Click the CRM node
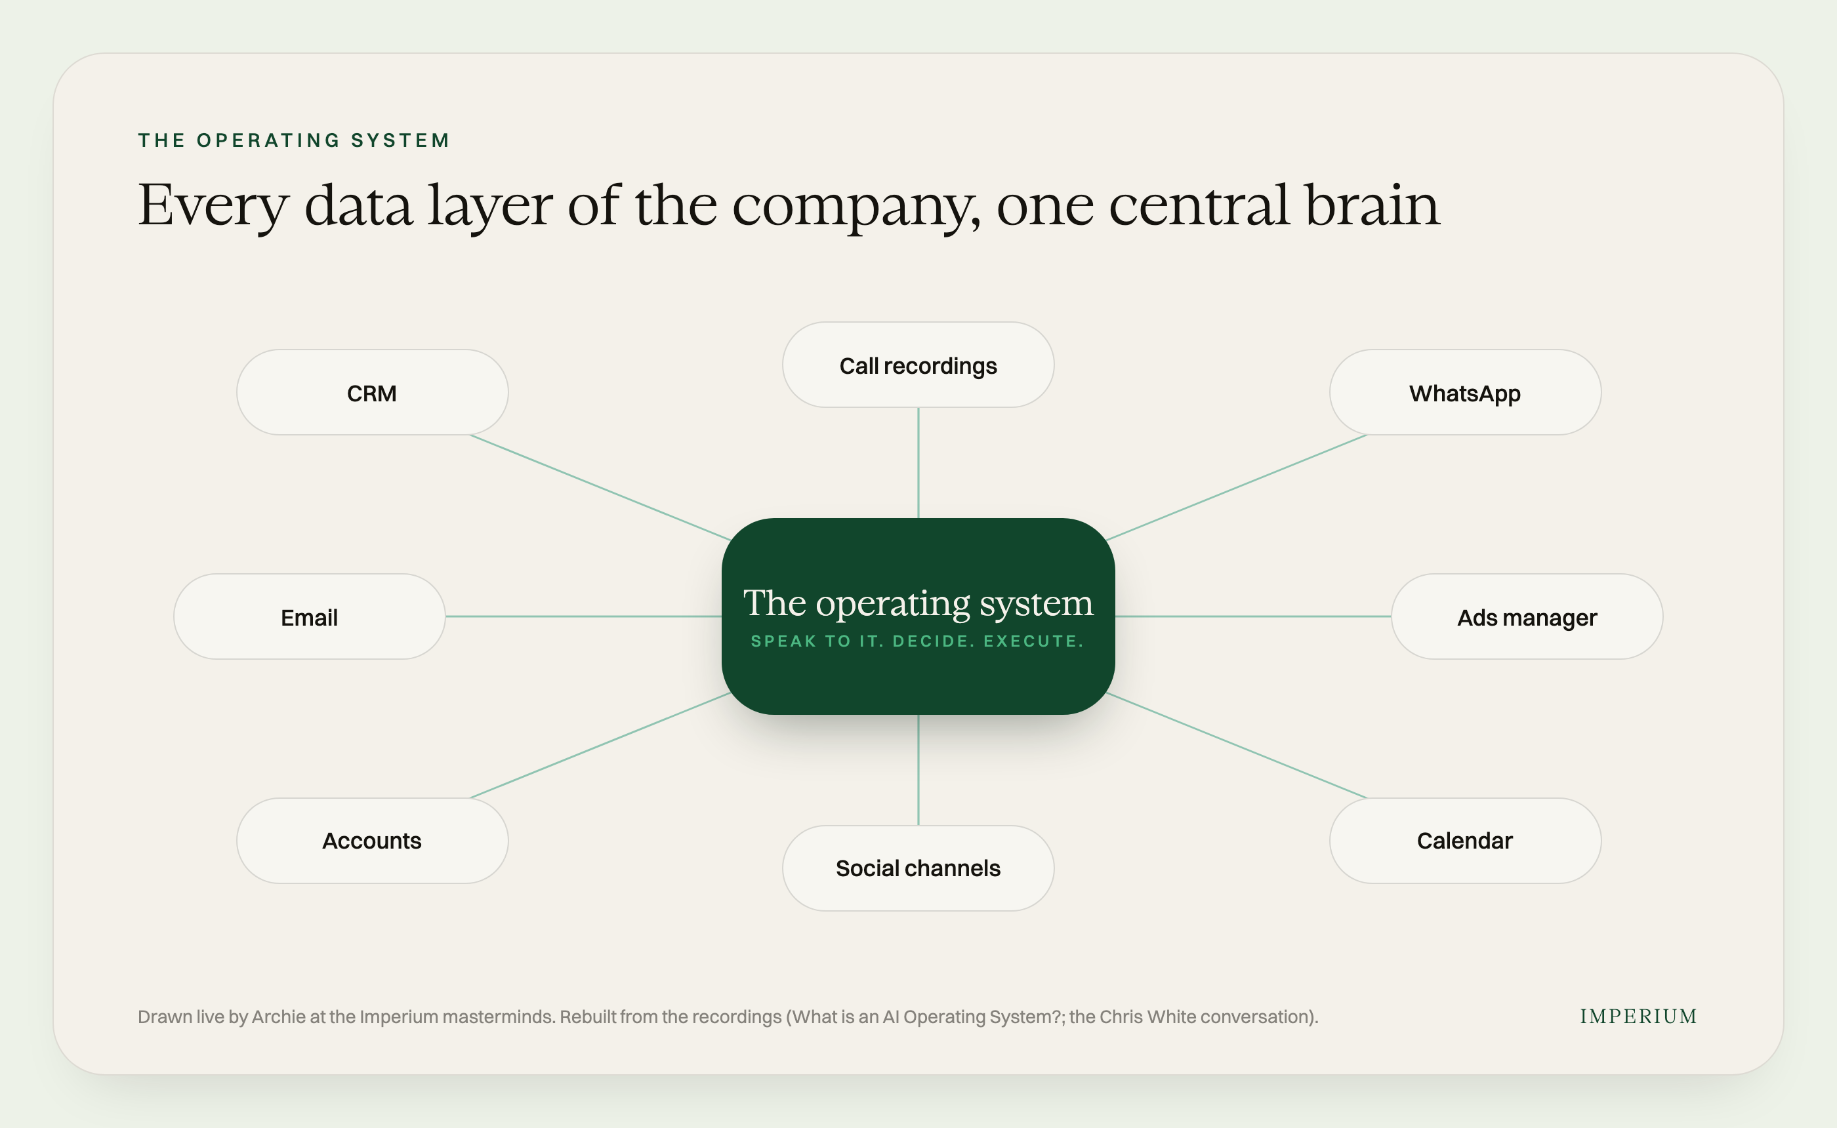point(373,392)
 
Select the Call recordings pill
point(918,365)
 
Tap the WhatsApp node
point(1464,392)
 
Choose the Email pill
point(310,616)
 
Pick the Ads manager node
point(1527,616)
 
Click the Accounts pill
point(373,841)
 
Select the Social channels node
point(918,868)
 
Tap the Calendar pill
point(1464,841)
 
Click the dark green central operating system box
point(918,616)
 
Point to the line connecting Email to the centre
point(583,616)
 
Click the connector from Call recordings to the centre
point(918,462)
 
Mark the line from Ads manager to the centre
point(1254,616)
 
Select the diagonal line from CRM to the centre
point(600,487)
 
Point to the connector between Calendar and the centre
point(1236,745)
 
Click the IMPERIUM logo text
point(1638,1016)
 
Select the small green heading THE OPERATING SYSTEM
point(294,140)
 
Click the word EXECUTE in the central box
point(1033,641)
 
